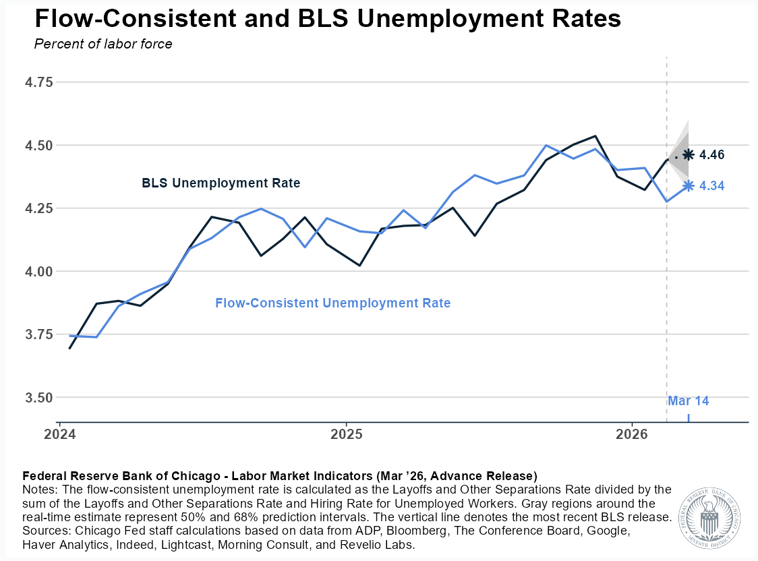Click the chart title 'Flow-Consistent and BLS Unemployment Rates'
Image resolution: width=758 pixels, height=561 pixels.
[328, 19]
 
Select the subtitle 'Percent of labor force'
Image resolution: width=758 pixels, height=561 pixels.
[103, 45]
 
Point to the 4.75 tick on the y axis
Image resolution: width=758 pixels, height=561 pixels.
[38, 82]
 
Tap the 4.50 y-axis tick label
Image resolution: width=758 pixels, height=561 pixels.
[38, 145]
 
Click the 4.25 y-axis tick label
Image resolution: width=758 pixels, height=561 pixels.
[38, 208]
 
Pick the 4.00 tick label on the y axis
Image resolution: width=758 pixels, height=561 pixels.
[38, 271]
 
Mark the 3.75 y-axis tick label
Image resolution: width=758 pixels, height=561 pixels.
[38, 334]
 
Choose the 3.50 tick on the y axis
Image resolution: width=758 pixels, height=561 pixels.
[38, 398]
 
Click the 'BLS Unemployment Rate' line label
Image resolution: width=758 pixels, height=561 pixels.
[221, 183]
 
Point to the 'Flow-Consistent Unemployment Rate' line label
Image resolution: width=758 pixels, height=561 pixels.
[332, 303]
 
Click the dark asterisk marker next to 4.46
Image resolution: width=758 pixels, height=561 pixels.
[688, 155]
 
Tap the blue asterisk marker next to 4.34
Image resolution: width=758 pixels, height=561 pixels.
[688, 185]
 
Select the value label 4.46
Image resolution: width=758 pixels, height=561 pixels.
[712, 155]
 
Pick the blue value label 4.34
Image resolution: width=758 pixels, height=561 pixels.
[712, 186]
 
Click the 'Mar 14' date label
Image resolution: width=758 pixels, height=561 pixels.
[688, 401]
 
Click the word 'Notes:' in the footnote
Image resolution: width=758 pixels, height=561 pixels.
[39, 488]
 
